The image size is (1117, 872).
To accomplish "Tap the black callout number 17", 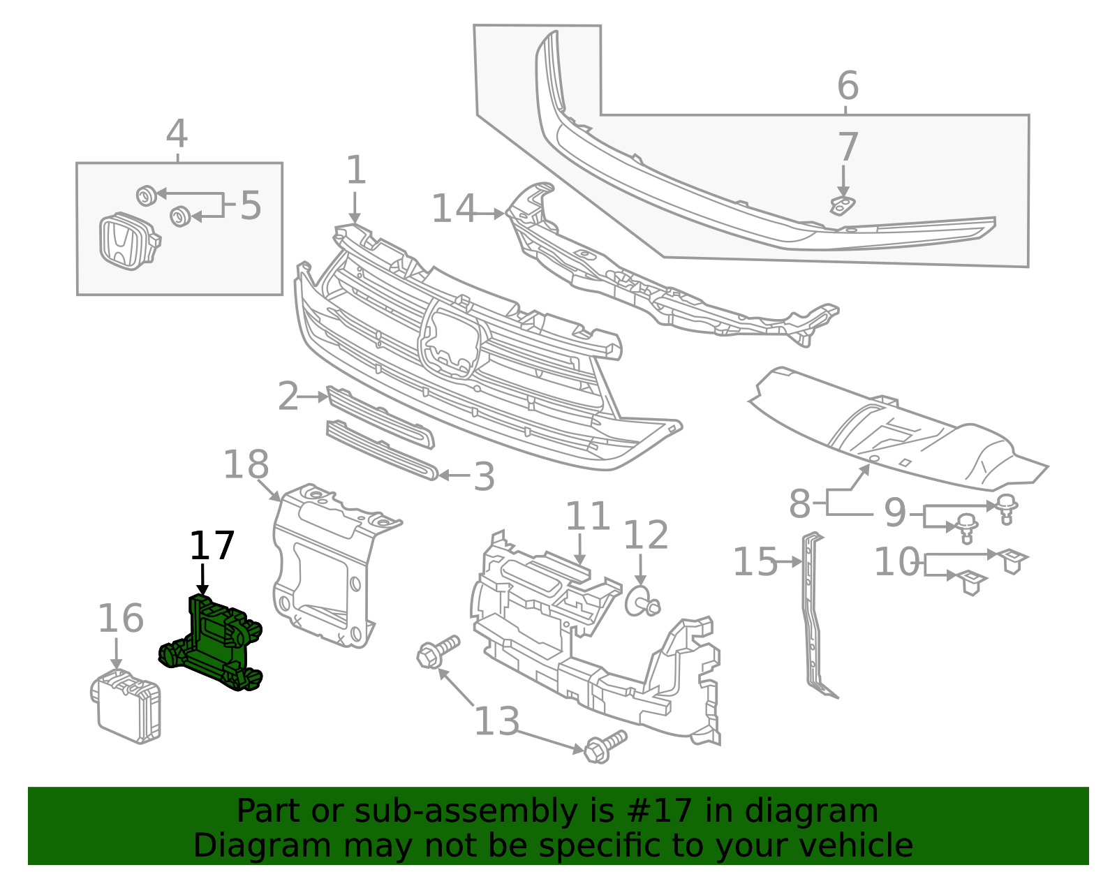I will coord(212,546).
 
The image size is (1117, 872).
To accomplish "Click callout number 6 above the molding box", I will coord(848,86).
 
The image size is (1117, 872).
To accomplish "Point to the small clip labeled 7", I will coord(843,205).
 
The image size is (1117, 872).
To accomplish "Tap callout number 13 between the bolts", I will coord(496,721).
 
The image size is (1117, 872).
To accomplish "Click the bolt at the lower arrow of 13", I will coord(602,748).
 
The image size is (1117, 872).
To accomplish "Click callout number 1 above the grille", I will coord(355,170).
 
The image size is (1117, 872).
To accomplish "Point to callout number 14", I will coord(454,209).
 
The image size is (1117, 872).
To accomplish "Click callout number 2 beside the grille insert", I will coord(288,397).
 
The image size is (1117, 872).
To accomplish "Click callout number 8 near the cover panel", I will coord(799,503).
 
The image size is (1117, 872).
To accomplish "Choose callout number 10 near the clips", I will coord(897,561).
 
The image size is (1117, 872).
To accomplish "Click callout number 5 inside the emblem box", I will coord(251,206).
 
